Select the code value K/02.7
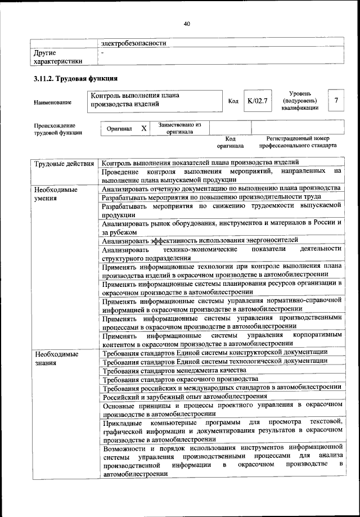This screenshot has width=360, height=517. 256,101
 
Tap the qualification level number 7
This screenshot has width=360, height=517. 336,101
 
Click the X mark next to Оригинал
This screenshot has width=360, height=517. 143,128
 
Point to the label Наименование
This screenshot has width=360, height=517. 53,102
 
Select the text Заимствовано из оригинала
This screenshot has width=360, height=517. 179,128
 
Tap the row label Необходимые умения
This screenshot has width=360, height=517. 56,194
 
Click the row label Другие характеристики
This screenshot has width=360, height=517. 58,57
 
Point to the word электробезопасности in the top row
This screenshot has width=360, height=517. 134,43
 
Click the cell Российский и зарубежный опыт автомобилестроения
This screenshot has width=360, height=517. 184,397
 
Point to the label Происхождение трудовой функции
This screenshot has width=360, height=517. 55,129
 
